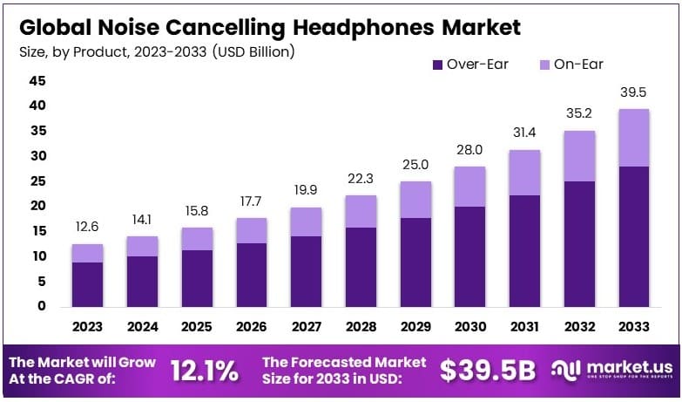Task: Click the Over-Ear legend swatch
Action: [x=437, y=64]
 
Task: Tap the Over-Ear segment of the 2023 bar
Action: [x=87, y=284]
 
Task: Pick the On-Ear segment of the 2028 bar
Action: [x=361, y=211]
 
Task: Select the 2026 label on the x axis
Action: [x=252, y=326]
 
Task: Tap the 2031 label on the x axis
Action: [x=524, y=326]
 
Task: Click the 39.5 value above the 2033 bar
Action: [x=633, y=93]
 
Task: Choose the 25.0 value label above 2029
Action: [x=415, y=165]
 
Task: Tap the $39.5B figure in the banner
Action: [x=487, y=371]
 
